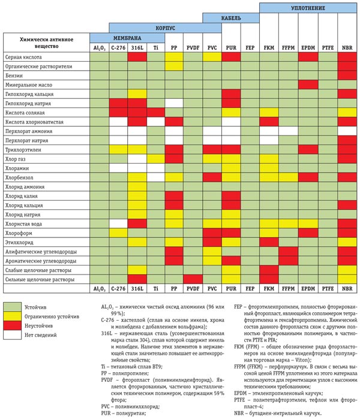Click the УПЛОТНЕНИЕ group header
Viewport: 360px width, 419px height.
pos(308,8)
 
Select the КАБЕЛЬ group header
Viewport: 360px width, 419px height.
pos(231,18)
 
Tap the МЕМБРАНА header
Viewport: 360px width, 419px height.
pos(127,38)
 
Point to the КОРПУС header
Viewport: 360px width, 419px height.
pos(165,28)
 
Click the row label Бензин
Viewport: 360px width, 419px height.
pos(14,76)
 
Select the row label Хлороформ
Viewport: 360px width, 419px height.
pos(19,233)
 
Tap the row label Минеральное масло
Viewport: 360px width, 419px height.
pos(29,85)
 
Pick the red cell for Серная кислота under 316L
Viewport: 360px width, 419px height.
pos(137,57)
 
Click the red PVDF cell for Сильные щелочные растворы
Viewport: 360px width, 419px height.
pos(193,279)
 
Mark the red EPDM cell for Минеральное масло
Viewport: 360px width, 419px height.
pos(308,85)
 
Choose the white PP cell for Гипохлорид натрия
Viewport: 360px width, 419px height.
pos(174,103)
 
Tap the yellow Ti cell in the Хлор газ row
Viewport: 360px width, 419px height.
pos(156,159)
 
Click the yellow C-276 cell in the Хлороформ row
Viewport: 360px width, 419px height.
pos(118,233)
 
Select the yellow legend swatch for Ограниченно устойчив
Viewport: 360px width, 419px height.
pos(13,316)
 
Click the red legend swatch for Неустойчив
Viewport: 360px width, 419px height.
pos(13,325)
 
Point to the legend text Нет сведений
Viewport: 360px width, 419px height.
pos(41,335)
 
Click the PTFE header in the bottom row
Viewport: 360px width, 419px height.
pos(328,288)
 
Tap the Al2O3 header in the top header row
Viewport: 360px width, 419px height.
pos(99,48)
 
